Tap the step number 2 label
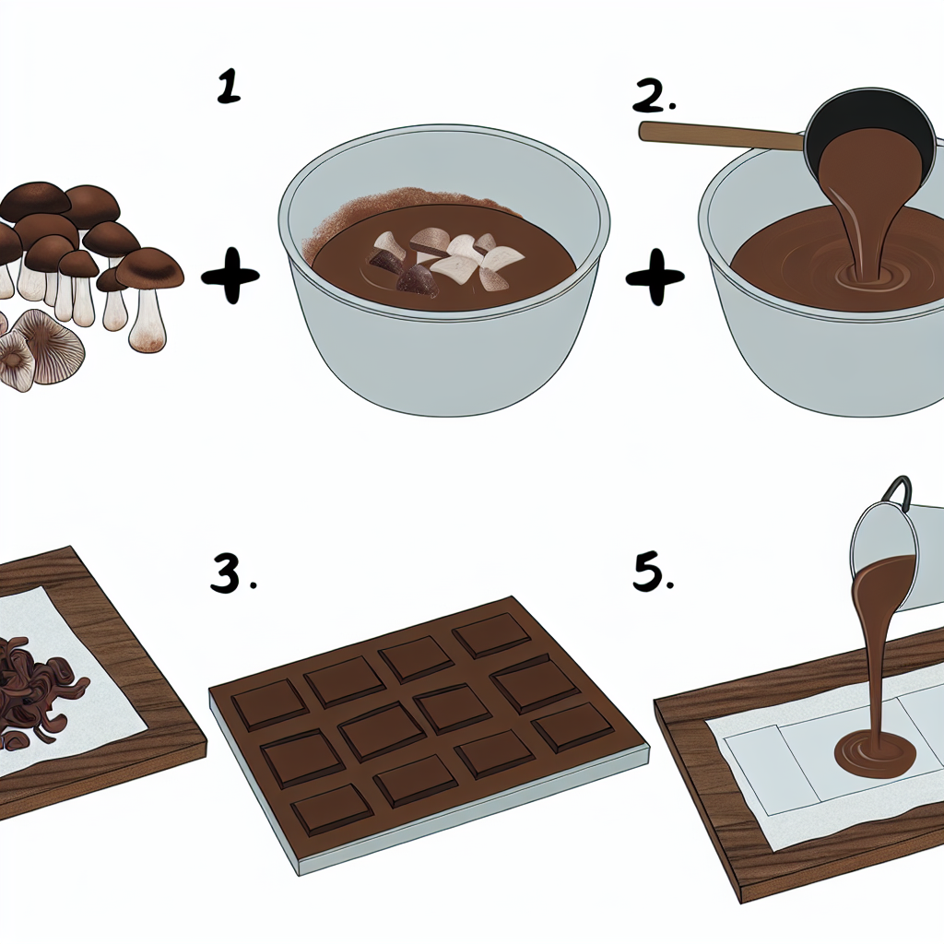(653, 96)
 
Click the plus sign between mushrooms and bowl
(230, 277)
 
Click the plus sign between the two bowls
(655, 277)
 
